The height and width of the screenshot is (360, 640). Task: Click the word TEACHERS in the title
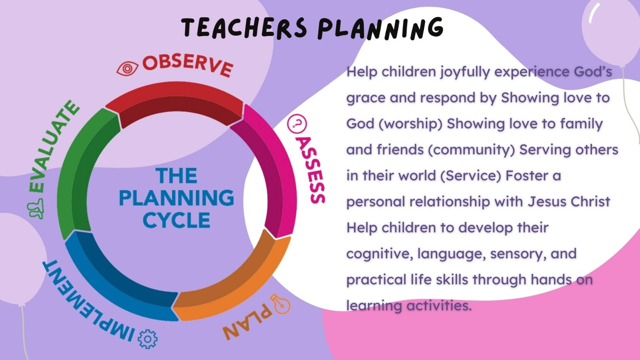[x=244, y=28]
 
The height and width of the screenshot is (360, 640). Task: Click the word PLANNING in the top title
[x=380, y=28]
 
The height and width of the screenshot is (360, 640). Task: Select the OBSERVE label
[x=188, y=66]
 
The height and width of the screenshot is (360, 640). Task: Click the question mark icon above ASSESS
[x=297, y=124]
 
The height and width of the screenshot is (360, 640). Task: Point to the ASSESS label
[x=310, y=170]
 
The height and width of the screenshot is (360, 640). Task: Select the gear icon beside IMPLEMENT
[x=148, y=339]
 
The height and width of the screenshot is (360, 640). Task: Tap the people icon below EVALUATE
[x=36, y=209]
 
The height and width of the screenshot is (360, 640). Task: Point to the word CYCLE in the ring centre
[x=176, y=220]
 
